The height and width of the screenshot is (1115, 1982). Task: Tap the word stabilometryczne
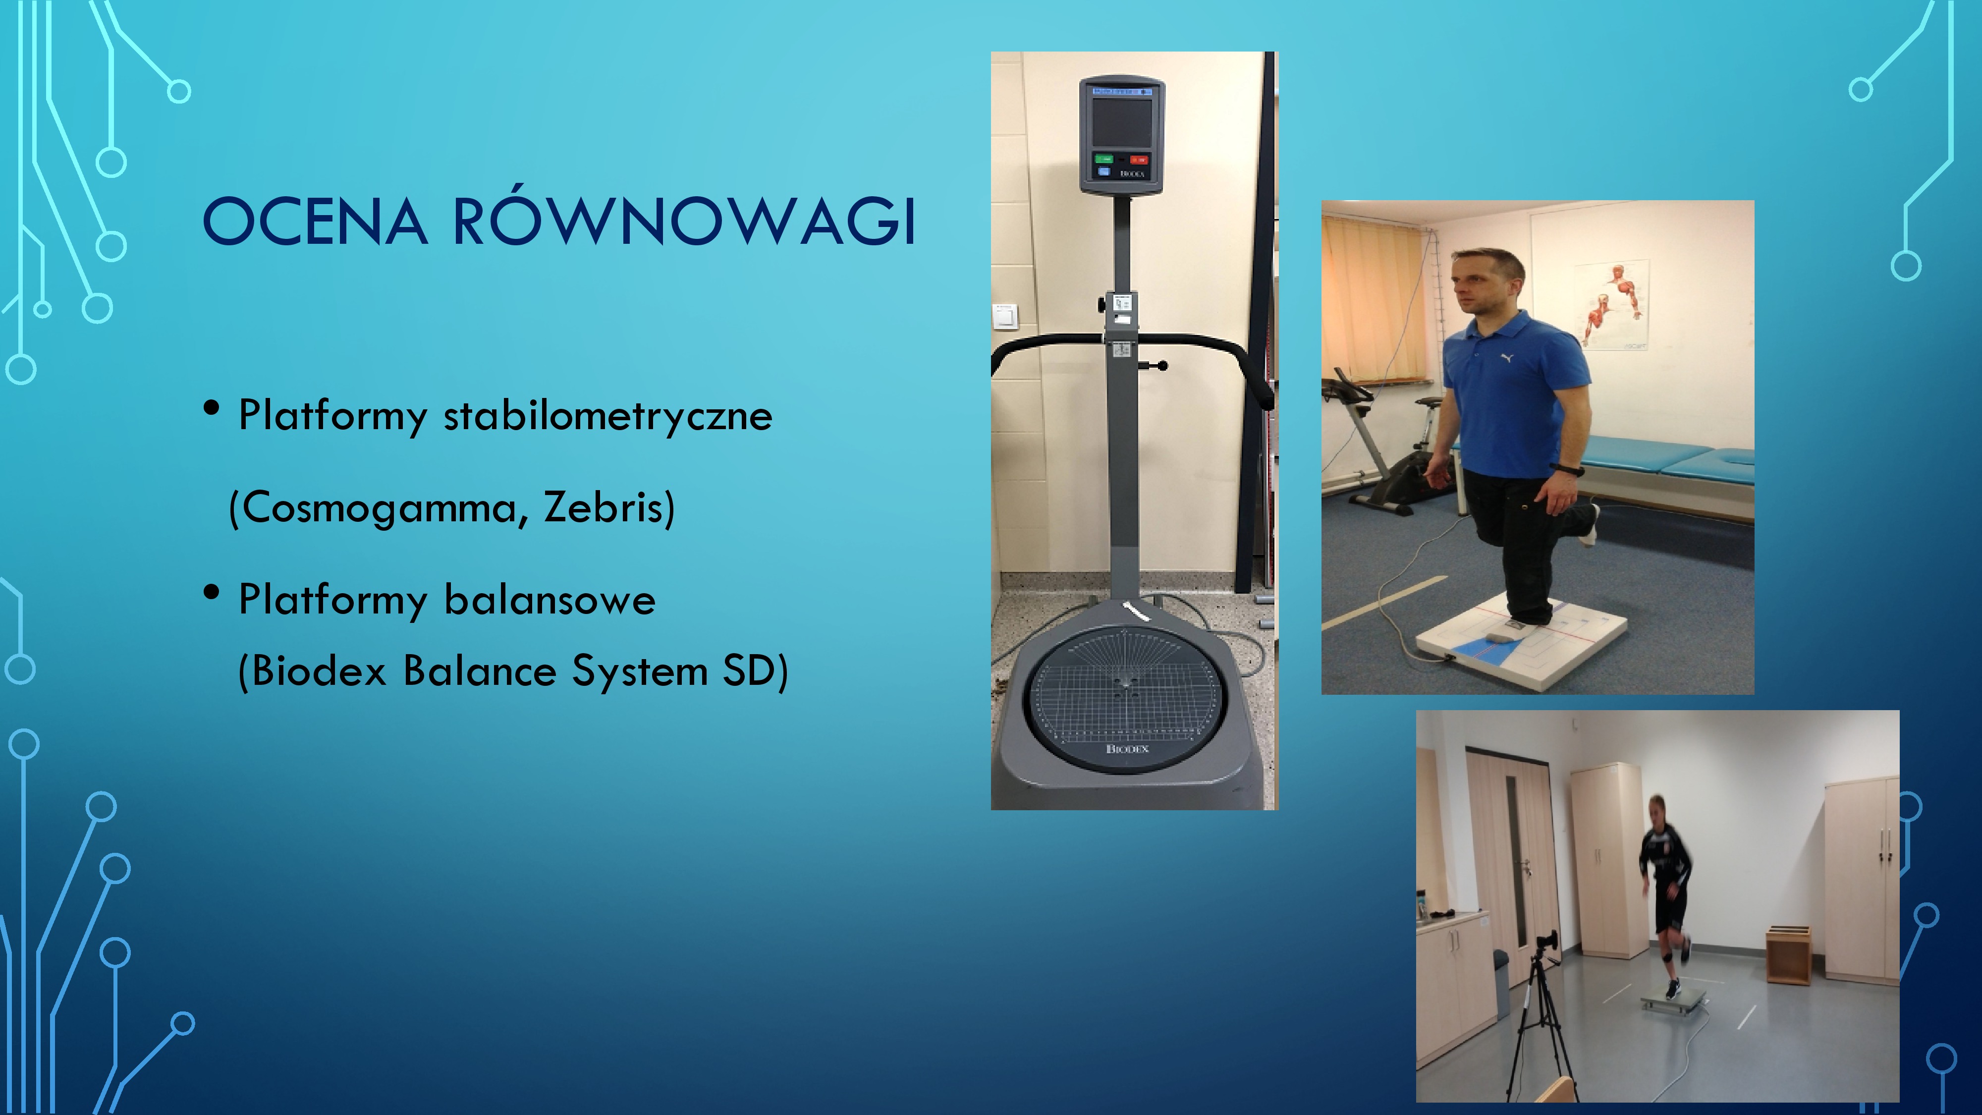608,416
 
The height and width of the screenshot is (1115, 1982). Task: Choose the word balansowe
550,600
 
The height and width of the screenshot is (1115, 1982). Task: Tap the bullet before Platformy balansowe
212,593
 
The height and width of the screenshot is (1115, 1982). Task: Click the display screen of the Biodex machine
1122,121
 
